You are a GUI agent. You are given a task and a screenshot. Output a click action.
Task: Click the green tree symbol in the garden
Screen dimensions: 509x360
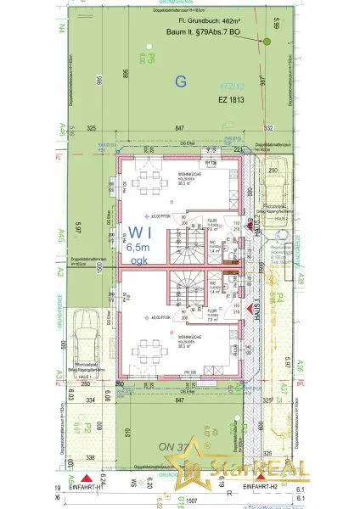coord(266,41)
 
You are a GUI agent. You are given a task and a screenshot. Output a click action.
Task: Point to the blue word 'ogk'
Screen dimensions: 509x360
coord(137,264)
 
